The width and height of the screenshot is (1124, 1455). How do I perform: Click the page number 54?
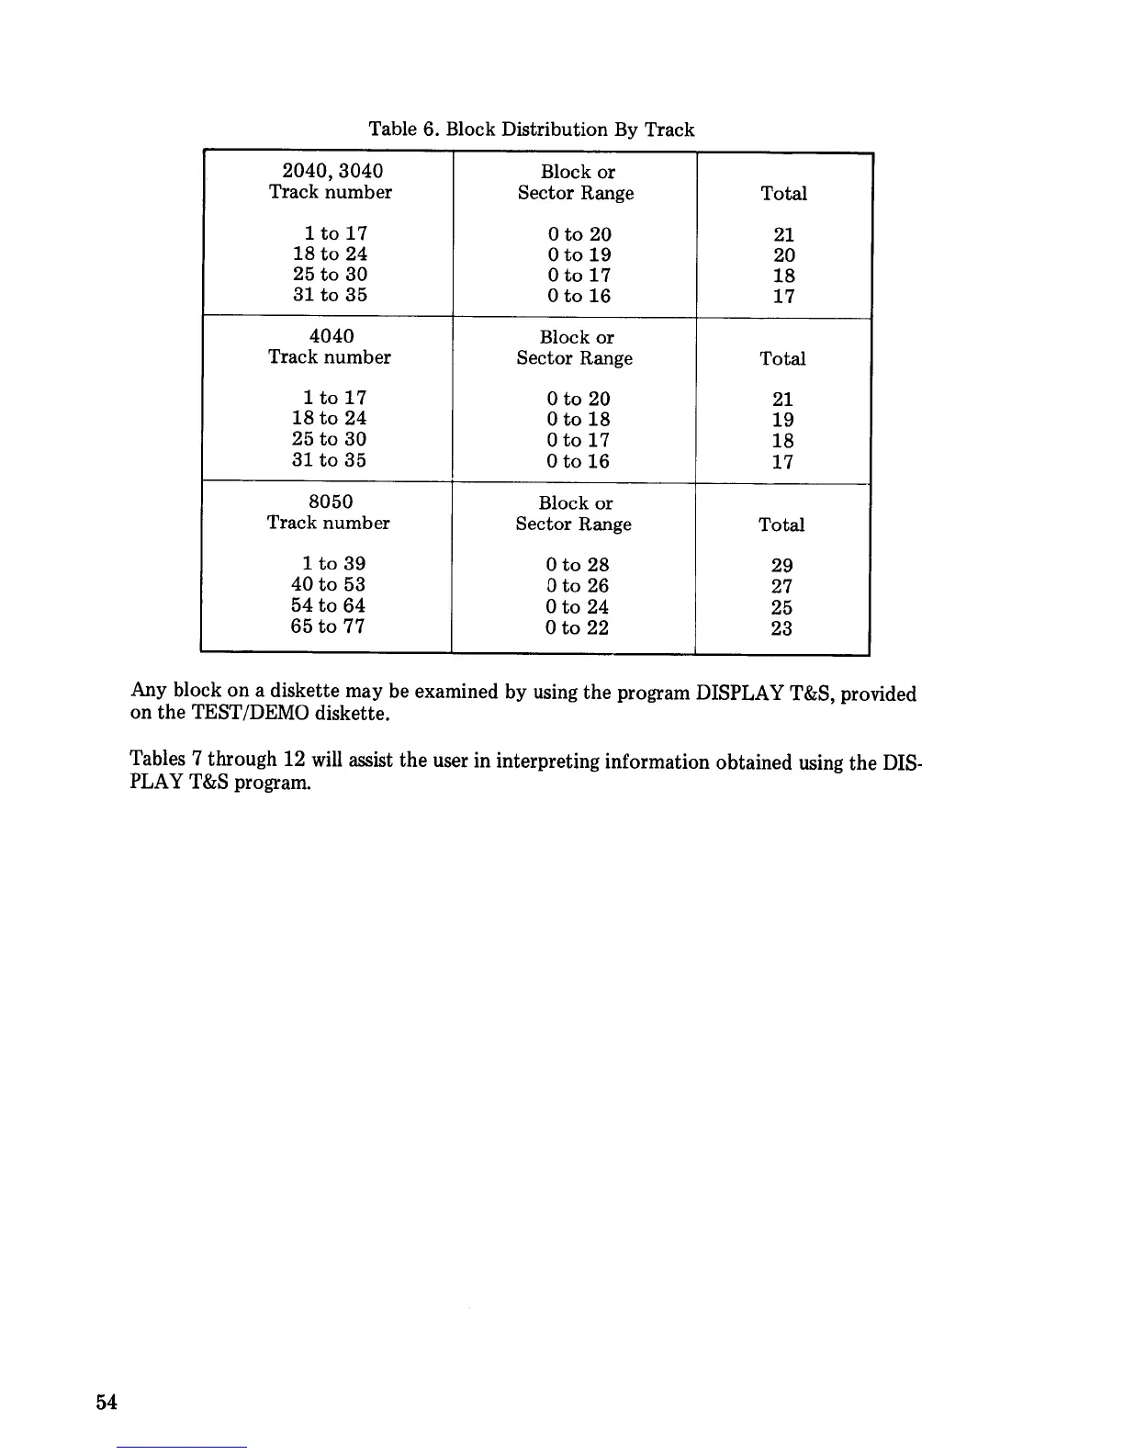(107, 1402)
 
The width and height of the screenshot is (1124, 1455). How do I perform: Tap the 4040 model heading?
(332, 336)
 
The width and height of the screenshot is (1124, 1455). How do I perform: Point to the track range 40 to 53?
(328, 584)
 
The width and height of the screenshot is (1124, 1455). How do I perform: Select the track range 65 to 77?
(328, 626)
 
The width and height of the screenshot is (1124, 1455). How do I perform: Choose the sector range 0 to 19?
(579, 254)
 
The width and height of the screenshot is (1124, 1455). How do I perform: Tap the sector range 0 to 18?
(578, 420)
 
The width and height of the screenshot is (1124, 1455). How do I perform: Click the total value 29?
(782, 565)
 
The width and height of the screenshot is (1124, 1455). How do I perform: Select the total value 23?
(781, 628)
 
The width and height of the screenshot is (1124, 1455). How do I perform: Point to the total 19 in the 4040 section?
(783, 421)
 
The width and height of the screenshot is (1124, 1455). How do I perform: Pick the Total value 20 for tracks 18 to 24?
(784, 255)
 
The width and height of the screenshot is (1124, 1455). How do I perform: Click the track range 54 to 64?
(328, 605)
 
